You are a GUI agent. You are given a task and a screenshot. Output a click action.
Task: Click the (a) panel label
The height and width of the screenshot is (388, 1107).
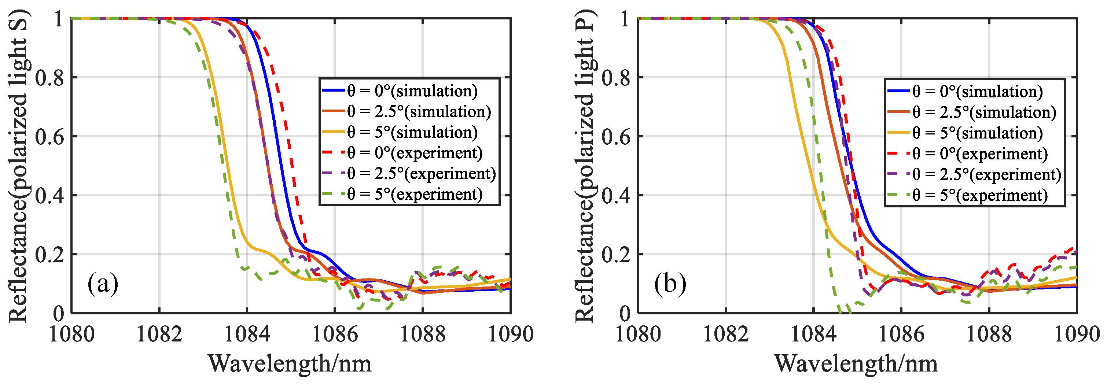pos(103,284)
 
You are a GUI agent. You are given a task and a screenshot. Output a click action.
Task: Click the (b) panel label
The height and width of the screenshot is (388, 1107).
pos(670,284)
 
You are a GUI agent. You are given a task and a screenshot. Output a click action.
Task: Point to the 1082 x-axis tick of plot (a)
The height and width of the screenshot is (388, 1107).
pos(159,334)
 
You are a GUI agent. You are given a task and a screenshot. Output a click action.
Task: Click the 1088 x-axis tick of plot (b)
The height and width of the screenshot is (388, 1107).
pos(989,334)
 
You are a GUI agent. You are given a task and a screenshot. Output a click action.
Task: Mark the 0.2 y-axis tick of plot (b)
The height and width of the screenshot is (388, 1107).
pos(616,254)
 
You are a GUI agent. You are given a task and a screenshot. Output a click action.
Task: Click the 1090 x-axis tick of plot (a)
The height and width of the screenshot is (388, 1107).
pos(511,334)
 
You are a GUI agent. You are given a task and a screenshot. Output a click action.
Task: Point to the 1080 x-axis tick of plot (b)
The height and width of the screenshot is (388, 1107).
pos(638,334)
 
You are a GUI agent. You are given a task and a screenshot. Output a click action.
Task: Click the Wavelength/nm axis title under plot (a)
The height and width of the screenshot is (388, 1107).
pos(290,364)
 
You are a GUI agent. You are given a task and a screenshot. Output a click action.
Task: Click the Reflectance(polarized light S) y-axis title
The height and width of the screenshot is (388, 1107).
pos(18,166)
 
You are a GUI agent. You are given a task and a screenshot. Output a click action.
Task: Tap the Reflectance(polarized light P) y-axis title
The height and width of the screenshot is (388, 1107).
pos(584,166)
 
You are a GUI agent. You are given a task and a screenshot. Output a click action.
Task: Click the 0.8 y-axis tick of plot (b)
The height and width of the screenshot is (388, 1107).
pos(616,78)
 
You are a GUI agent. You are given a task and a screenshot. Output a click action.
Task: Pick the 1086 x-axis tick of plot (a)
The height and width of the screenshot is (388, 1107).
pos(335,334)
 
